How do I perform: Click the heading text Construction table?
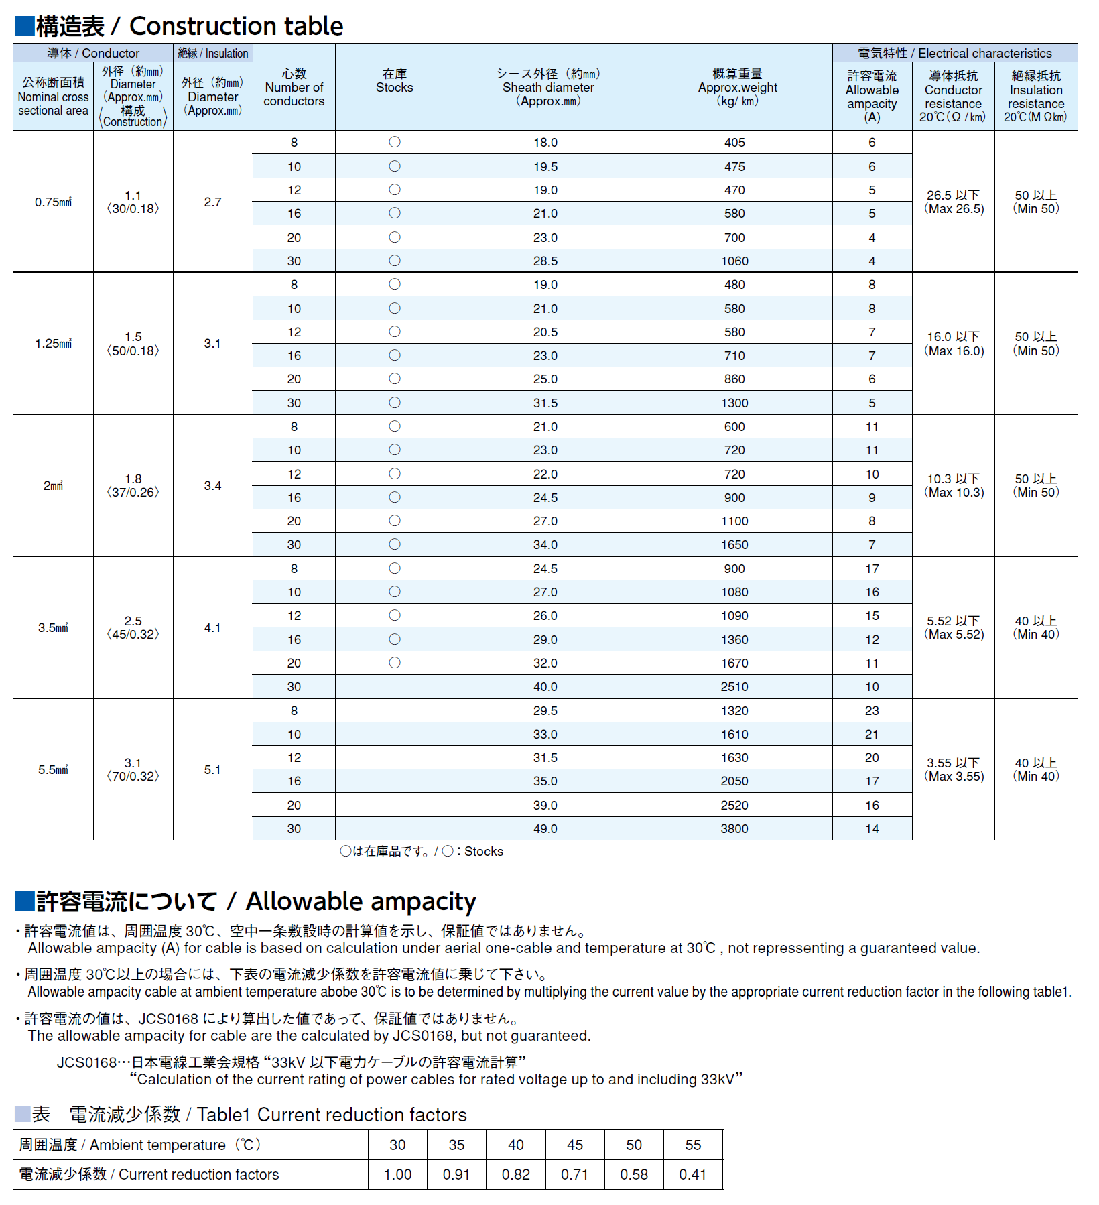[x=235, y=26]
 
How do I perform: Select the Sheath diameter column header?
[x=548, y=87]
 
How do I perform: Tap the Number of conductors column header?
[x=294, y=87]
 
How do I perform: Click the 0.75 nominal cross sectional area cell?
[x=53, y=202]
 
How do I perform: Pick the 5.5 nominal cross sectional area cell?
[x=53, y=769]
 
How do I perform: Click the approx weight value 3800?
[x=734, y=828]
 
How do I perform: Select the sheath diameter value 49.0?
[x=545, y=828]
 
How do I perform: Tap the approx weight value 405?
[x=734, y=142]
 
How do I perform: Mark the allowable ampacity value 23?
[x=871, y=710]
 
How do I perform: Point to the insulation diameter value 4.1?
[x=212, y=627]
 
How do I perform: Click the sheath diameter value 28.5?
[x=545, y=261]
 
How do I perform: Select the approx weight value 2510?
[x=734, y=686]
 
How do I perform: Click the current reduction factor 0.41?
[x=693, y=1174]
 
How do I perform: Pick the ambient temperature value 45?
[x=575, y=1145]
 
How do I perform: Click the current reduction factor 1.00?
[x=397, y=1174]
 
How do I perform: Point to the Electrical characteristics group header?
[x=954, y=53]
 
